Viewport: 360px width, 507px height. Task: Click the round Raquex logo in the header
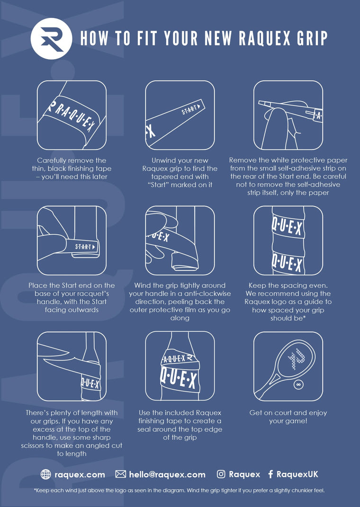[x=52, y=38]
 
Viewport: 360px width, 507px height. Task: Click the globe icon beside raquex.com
[x=45, y=474]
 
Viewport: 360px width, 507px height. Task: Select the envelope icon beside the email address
[x=121, y=474]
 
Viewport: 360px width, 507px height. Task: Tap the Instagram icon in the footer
[x=221, y=474]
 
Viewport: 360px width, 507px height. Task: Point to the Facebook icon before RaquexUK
[x=271, y=474]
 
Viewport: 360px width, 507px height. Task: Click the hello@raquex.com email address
[x=167, y=474]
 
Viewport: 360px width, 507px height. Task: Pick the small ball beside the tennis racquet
[x=298, y=385]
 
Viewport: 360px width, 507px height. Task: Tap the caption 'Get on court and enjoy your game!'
[x=288, y=417]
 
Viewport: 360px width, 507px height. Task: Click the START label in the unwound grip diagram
[x=191, y=109]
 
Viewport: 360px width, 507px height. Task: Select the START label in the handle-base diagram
[x=85, y=247]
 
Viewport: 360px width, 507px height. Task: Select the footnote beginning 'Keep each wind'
[x=179, y=490]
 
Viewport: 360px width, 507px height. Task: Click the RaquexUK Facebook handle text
[x=297, y=474]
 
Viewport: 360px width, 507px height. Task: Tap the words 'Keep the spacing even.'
[x=288, y=285]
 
